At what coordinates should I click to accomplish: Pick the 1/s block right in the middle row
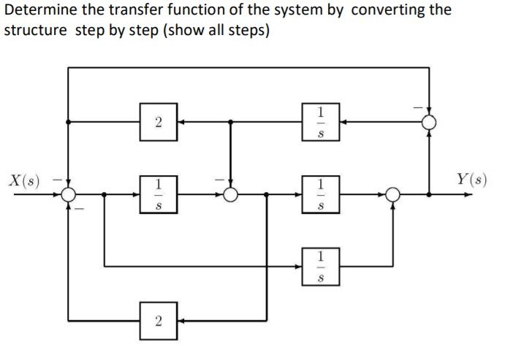[320, 195]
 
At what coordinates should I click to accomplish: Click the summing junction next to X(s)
[69, 195]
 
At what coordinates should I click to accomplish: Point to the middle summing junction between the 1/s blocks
[231, 195]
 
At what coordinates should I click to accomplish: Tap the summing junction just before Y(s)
[393, 195]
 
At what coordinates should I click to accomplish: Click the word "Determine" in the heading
[37, 11]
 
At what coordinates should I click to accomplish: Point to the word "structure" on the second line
[36, 33]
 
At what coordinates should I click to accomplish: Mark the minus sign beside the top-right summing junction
[419, 109]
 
